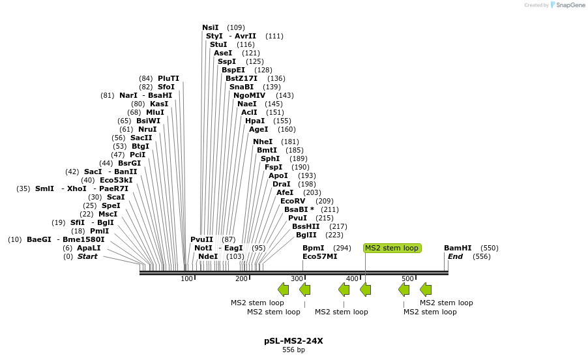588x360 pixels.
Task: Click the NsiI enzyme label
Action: coord(211,27)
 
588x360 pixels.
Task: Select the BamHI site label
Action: coord(458,248)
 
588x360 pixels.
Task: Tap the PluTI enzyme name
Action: coord(168,78)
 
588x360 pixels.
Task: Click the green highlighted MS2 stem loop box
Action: coord(392,248)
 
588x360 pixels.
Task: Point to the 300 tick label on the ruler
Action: coord(297,278)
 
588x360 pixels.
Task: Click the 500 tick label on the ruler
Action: coord(407,278)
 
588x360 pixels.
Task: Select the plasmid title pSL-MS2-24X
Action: coord(293,341)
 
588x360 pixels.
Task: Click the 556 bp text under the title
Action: coord(293,350)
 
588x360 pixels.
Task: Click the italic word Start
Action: coord(87,256)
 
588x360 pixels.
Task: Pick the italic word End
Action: coord(455,256)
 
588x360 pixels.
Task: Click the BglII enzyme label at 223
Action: coord(306,235)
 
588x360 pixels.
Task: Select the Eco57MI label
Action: coord(320,256)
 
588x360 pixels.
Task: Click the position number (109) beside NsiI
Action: coord(236,27)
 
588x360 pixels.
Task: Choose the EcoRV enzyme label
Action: coord(293,201)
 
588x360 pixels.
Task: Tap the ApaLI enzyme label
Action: coord(89,248)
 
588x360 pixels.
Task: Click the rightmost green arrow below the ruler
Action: coord(426,290)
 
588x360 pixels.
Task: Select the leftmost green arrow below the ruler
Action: coord(284,290)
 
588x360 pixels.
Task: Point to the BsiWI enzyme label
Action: coord(148,121)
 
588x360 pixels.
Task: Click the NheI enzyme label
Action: coord(263,142)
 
